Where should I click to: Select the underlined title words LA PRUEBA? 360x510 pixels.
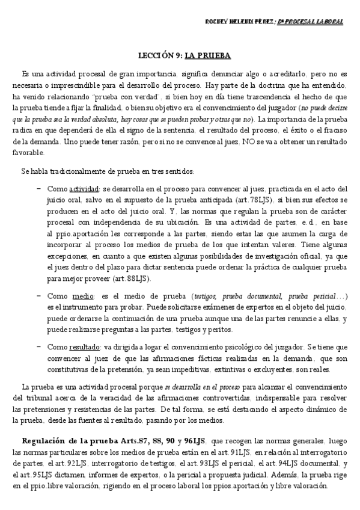pos(207,56)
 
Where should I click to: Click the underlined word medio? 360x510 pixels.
pos(79,296)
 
